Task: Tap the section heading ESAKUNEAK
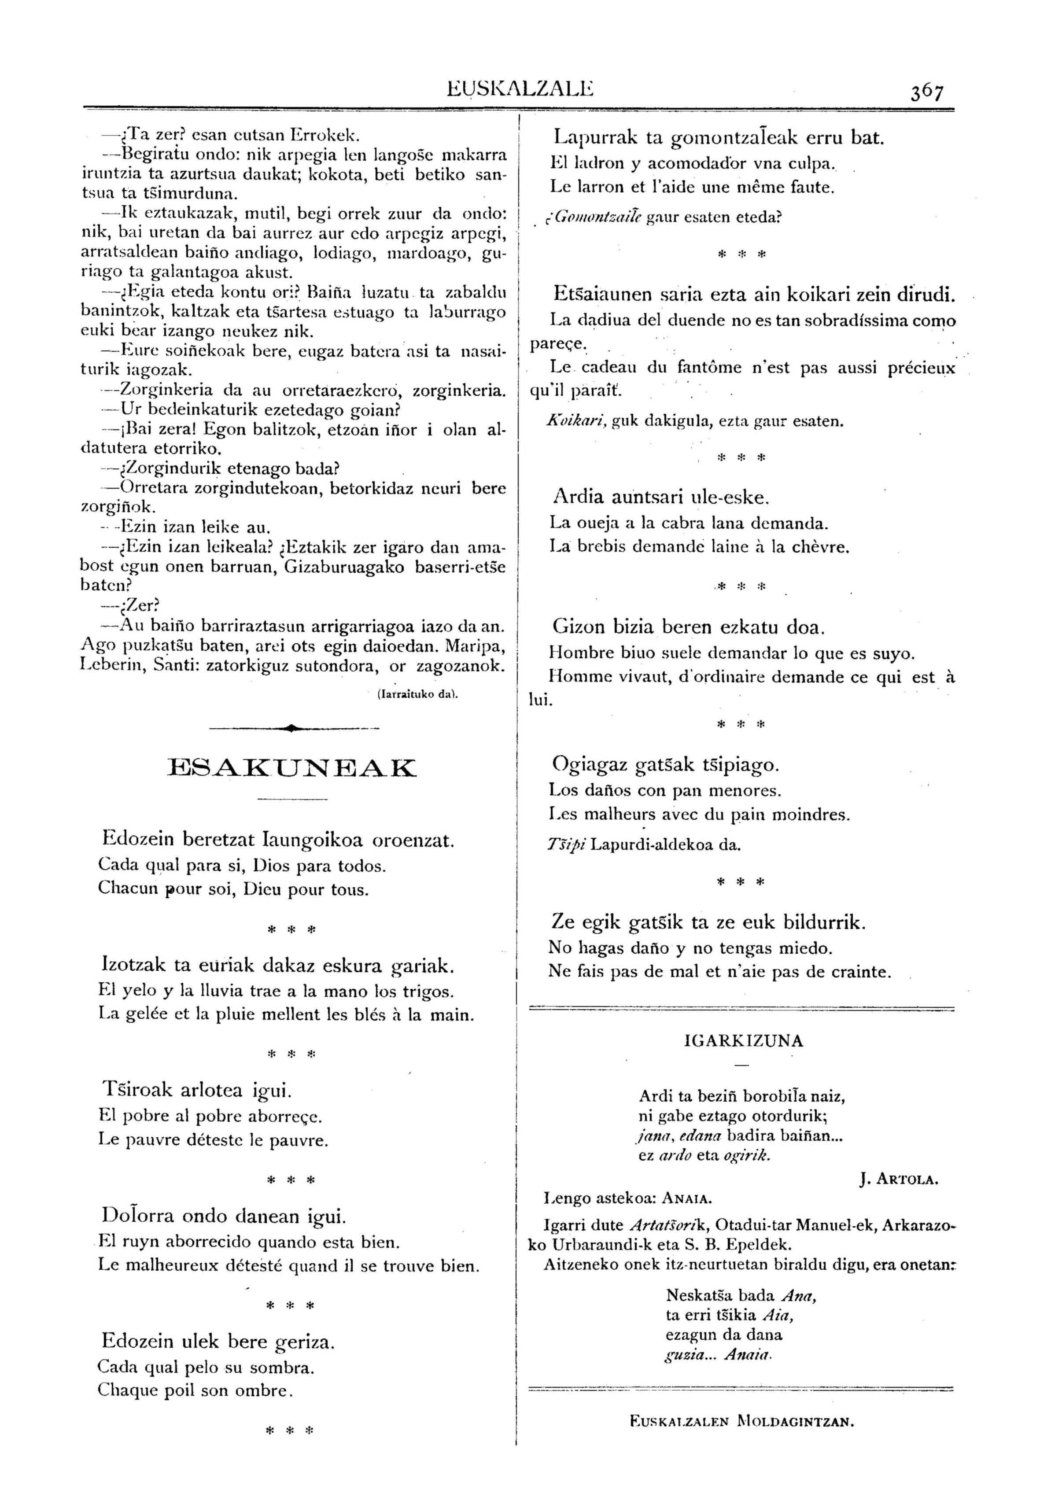292,768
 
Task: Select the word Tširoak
138,1090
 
